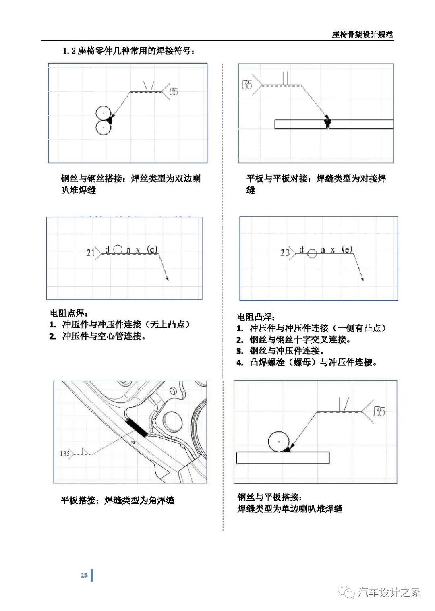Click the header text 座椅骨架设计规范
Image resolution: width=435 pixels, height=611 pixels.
(362, 35)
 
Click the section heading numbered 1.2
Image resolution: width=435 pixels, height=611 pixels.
(128, 51)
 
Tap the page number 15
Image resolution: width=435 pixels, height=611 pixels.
(84, 575)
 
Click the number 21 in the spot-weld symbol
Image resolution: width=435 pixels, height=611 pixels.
(90, 253)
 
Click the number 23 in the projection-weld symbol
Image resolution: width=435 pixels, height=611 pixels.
(285, 253)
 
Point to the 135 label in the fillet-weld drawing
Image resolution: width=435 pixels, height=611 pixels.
(64, 454)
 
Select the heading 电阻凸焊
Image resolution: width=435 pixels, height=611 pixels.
(256, 317)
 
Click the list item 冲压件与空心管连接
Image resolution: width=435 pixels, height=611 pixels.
(104, 336)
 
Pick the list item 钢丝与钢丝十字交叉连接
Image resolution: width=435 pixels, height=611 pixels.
(300, 340)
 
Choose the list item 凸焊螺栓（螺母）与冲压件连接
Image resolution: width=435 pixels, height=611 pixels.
(313, 362)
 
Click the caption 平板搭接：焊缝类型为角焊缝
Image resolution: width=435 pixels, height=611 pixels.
(117, 500)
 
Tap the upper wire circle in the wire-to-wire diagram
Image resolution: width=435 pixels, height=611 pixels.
(103, 114)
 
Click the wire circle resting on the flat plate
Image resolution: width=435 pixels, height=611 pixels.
(278, 441)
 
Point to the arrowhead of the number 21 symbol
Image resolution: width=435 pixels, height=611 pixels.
(168, 279)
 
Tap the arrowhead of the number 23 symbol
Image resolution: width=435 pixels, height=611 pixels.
(362, 279)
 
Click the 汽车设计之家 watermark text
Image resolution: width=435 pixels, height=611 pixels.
(389, 592)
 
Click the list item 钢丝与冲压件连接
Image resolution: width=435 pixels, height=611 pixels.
(286, 351)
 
